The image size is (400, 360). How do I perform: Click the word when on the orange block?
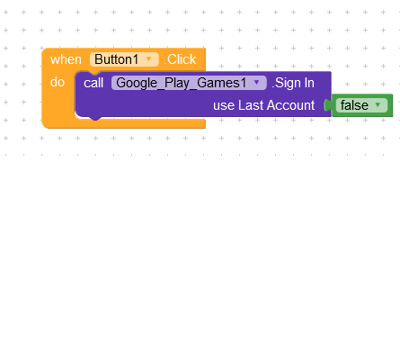[66, 59]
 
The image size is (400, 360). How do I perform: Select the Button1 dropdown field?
[124, 59]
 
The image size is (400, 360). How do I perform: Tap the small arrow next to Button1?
[148, 59]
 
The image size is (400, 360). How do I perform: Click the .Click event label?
[180, 59]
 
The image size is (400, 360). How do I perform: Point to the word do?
[58, 82]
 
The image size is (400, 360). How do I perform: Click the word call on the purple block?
[93, 83]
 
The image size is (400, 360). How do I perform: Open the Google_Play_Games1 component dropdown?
[189, 83]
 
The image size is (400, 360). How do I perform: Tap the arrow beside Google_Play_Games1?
[256, 82]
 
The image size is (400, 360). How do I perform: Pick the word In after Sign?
[309, 83]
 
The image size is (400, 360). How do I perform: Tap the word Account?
[290, 105]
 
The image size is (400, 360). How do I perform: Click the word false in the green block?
[354, 105]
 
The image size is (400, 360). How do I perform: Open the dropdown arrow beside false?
[378, 104]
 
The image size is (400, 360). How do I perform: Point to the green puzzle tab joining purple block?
[327, 105]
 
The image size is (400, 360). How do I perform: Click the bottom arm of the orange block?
[123, 123]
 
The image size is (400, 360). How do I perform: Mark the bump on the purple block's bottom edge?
[95, 118]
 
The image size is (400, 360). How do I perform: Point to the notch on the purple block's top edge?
[95, 73]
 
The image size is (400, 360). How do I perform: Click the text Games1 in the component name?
[222, 83]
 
